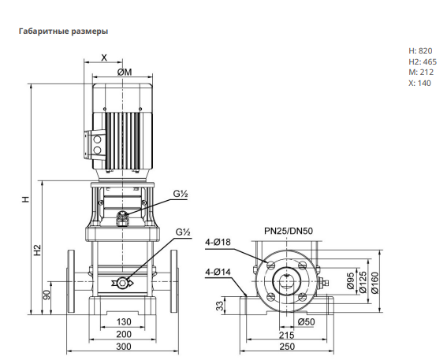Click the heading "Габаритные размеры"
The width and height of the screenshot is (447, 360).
[x=63, y=31]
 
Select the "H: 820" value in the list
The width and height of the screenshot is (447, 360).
[x=420, y=50]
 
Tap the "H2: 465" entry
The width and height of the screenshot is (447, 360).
[x=423, y=61]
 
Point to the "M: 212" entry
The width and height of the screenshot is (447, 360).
[x=421, y=72]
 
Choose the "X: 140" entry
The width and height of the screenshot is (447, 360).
[x=420, y=83]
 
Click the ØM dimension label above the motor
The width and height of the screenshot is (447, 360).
[x=125, y=72]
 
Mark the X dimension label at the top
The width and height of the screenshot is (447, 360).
[x=104, y=58]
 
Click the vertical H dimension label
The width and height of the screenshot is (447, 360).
[x=26, y=199]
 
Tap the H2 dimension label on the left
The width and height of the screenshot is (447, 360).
[x=38, y=250]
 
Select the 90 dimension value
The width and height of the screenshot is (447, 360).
[x=47, y=295]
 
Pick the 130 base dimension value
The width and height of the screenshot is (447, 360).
[x=124, y=322]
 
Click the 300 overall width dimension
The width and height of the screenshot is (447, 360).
[x=124, y=347]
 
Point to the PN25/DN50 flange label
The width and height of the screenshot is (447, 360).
[x=289, y=231]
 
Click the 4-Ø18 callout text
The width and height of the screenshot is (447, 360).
[x=218, y=242]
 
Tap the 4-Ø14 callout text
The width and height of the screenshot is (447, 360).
[x=218, y=273]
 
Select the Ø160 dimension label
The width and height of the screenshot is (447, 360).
[x=375, y=283]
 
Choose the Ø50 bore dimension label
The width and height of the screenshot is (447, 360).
[x=306, y=322]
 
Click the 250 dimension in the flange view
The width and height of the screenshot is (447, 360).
[x=287, y=347]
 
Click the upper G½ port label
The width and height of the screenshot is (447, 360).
[x=181, y=194]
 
